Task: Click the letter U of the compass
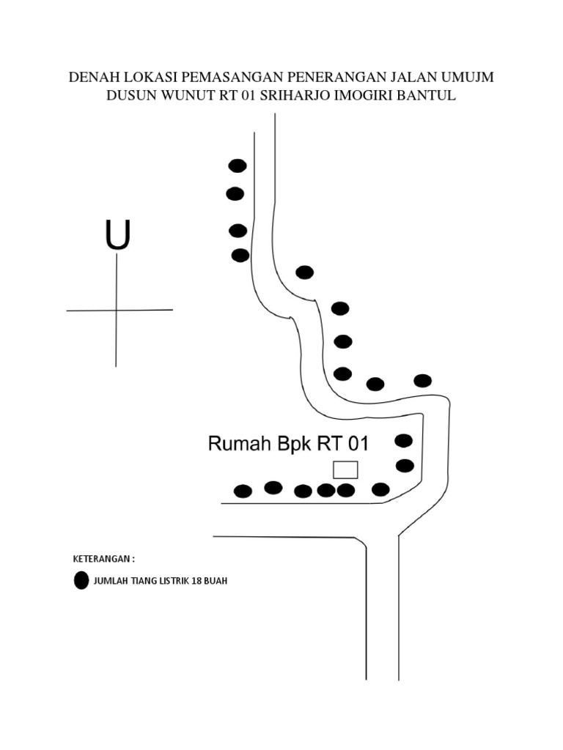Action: click(117, 235)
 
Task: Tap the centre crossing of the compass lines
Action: click(116, 310)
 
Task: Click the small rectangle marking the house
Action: click(345, 469)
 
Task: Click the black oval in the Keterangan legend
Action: click(81, 581)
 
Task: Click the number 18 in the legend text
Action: click(194, 582)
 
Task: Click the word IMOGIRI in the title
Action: click(354, 96)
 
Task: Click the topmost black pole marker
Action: click(238, 166)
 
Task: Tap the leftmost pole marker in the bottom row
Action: click(243, 491)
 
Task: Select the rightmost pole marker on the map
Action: click(422, 380)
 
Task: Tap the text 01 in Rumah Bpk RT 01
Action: click(356, 444)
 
